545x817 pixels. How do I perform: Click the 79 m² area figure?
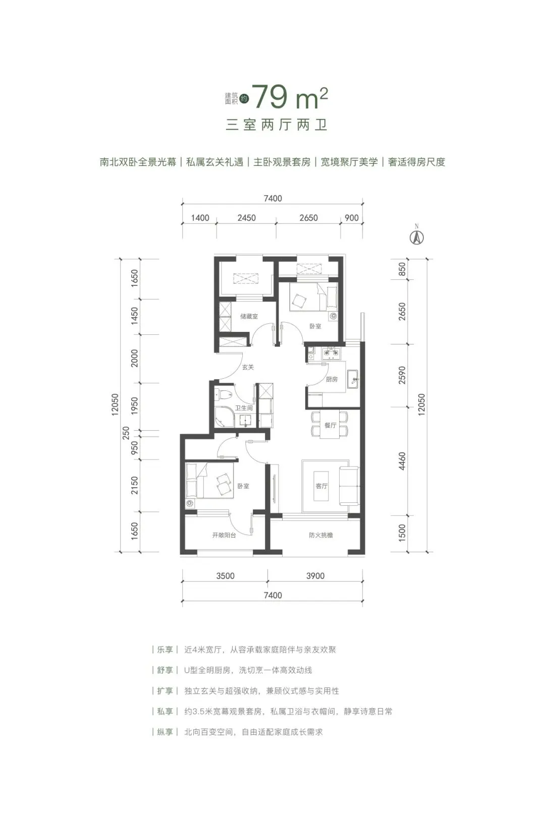290,98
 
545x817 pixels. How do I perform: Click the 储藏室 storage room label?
249,316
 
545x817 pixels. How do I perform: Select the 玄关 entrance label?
248,367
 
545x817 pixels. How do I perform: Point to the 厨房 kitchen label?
332,379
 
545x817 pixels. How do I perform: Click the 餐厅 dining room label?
330,425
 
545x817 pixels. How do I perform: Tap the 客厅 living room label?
321,486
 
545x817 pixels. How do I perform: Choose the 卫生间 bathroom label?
243,407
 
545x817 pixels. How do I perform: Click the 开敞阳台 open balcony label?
224,535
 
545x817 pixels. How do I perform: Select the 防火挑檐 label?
321,535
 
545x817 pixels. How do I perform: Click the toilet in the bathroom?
222,395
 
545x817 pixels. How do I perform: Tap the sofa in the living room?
349,486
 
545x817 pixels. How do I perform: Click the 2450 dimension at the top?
246,218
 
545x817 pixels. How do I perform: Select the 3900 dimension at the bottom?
315,576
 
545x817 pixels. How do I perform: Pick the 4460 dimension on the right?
402,461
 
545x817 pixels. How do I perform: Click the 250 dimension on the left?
127,432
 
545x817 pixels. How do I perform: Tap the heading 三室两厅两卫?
277,125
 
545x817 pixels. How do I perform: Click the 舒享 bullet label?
165,670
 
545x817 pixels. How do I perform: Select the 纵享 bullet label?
165,732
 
